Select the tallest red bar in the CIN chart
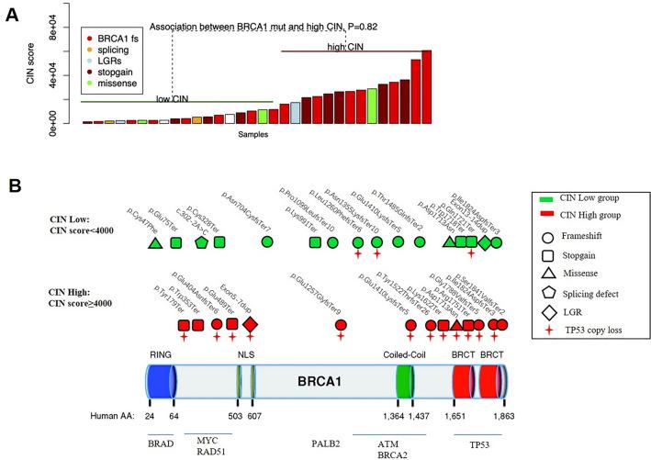pos(426,86)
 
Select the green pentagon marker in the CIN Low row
pos(201,242)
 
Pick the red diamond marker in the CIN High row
pos(250,324)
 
